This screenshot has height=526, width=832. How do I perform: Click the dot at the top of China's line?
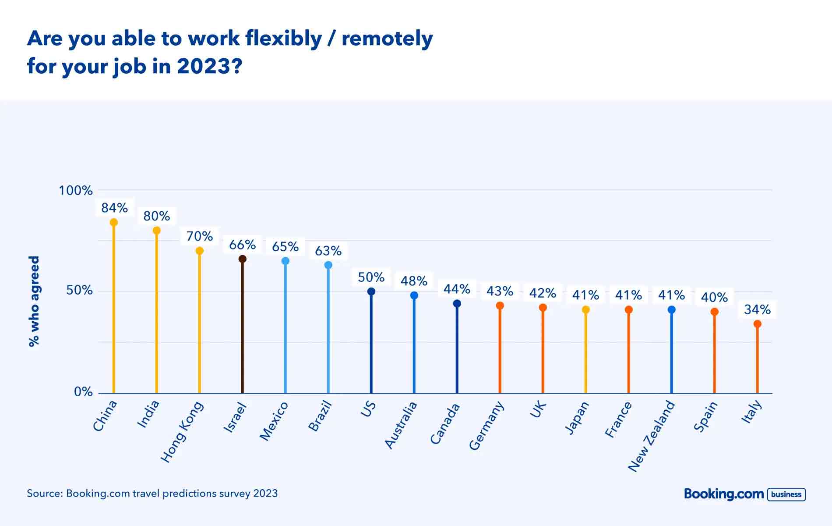click(x=114, y=222)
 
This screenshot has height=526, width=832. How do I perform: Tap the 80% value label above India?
click(x=157, y=216)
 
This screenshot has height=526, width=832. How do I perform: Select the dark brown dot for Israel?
click(x=243, y=259)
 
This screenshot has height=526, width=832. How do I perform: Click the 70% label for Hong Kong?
click(x=200, y=236)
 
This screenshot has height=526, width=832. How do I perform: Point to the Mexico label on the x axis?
click(x=274, y=421)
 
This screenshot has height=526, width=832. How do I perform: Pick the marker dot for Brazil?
click(x=328, y=265)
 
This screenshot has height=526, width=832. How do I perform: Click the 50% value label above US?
click(x=371, y=277)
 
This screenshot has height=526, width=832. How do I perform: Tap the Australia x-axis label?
click(x=401, y=425)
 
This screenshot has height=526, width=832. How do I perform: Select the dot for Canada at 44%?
click(x=457, y=303)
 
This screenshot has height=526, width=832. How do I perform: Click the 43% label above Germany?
click(x=500, y=291)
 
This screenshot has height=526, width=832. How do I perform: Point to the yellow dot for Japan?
click(x=586, y=309)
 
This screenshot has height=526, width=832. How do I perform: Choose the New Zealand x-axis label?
click(x=652, y=436)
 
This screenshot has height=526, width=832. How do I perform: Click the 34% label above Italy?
click(x=758, y=309)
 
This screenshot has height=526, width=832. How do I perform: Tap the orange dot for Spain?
click(x=715, y=312)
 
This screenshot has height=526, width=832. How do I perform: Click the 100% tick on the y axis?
click(x=76, y=191)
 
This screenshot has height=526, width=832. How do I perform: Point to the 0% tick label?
click(x=83, y=392)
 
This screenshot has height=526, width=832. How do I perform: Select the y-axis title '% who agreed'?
click(x=34, y=302)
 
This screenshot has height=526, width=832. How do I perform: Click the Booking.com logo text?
click(x=724, y=494)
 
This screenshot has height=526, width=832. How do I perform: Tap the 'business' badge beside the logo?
click(x=786, y=494)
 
